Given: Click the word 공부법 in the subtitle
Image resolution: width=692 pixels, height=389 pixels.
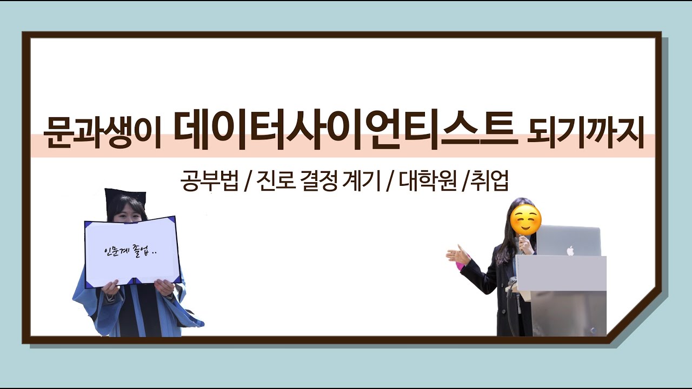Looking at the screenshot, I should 210,182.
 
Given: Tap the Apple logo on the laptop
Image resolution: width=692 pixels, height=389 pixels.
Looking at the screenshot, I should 569,250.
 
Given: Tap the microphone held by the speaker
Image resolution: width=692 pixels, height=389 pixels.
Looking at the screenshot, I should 523,246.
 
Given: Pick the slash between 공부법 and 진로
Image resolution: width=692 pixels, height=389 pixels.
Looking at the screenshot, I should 246,183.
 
